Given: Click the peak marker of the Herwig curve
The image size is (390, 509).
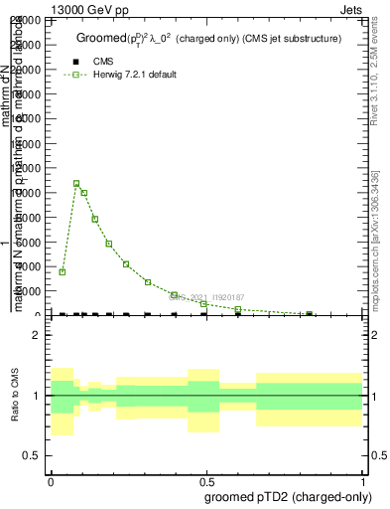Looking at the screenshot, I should pos(76,183).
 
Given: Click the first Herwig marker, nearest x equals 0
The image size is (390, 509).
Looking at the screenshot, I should pos(63,271).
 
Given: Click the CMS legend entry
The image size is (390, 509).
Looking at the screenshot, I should pos(103,62).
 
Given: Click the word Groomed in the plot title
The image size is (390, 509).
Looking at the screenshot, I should pos(99,38).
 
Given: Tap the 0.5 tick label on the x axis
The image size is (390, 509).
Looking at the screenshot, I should pos(207,480).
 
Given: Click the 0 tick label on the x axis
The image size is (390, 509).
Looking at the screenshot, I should pos(51,480).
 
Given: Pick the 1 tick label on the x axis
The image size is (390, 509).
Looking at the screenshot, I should pos(364,480).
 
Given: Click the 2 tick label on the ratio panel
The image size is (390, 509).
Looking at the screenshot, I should pos(37,335).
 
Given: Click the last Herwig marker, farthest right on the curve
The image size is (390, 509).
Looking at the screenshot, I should pos(310,314).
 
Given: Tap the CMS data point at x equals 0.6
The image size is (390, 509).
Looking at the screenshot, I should pos(238,314).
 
